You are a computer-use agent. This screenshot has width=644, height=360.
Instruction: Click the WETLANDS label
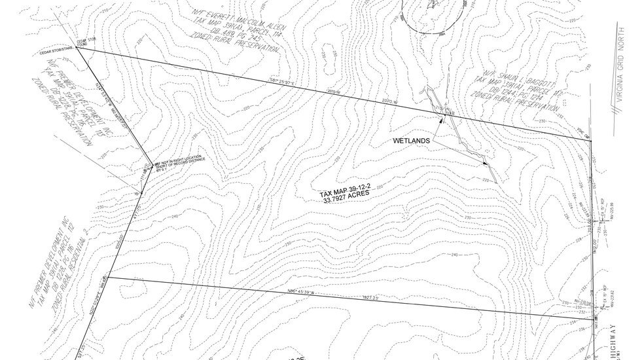pyautogui.click(x=411, y=141)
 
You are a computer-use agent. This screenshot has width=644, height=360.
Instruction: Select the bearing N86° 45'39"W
pyautogui.click(x=302, y=293)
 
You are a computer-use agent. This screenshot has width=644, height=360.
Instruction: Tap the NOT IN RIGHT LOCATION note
pyautogui.click(x=179, y=159)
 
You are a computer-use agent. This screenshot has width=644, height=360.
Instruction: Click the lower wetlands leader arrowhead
pyautogui.click(x=485, y=163)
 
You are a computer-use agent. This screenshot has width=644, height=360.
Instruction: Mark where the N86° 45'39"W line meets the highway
pyautogui.click(x=594, y=317)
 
